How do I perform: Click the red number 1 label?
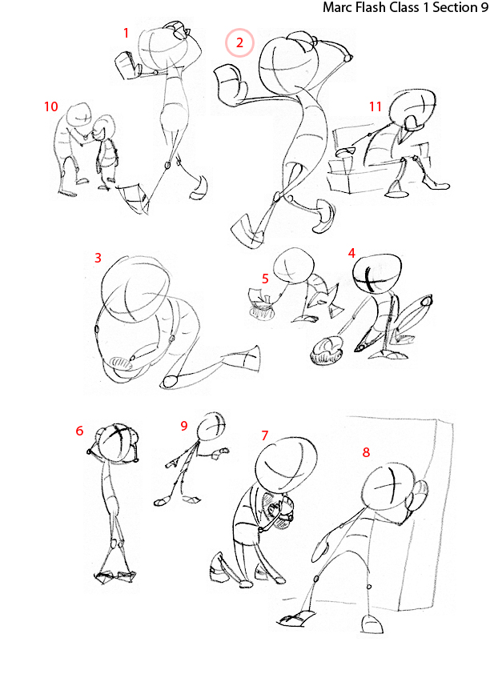pos(127,33)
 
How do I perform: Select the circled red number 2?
pos(239,43)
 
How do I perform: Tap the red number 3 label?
pos(98,258)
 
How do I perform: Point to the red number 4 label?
pos(351,252)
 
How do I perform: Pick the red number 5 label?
pos(264,279)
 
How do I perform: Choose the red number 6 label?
pos(79,431)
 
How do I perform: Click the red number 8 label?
pos(366,452)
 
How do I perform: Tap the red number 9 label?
pos(183,425)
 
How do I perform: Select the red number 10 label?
pos(51,106)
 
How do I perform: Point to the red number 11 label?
pos(375,106)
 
